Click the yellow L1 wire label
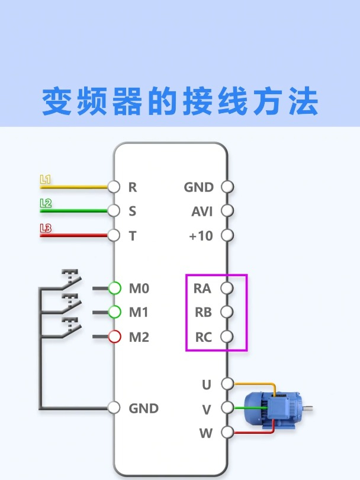(46, 178)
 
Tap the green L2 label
(46, 203)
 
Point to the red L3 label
(46, 228)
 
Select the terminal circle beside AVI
(227, 211)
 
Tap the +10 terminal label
(201, 236)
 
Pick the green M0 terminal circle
(115, 289)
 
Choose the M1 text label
(139, 312)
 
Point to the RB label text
(203, 312)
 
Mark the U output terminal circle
(227, 384)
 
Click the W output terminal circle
(227, 433)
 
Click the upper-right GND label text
(199, 187)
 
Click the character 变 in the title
(57, 101)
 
